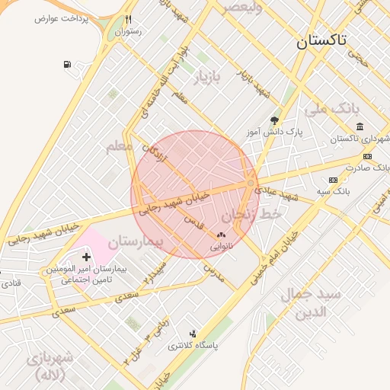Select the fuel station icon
pyautogui.click(x=69, y=64)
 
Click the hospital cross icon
pyautogui.click(x=86, y=257)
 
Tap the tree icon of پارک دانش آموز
pyautogui.click(x=274, y=120)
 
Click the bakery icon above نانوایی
pyautogui.click(x=222, y=236)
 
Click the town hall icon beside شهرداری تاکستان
pyautogui.click(x=360, y=126)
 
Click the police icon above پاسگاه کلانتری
pyautogui.click(x=193, y=333)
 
